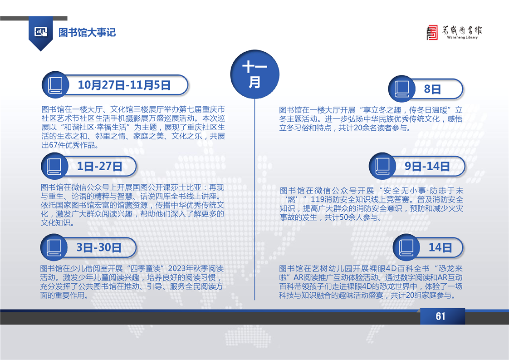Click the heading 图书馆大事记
(87, 33)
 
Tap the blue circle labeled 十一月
(255, 74)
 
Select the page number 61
(440, 316)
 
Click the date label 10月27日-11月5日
(124, 85)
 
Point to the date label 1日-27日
(99, 166)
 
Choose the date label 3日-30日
(99, 247)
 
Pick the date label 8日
(432, 89)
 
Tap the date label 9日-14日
(427, 166)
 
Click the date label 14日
(440, 247)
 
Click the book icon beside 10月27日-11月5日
(55, 85)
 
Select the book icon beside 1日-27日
(54, 166)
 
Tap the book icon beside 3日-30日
(54, 247)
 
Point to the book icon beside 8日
(402, 89)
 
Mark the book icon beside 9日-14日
(382, 166)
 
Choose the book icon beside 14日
(406, 247)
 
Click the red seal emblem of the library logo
(432, 33)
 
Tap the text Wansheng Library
(462, 37)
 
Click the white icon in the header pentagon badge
(40, 32)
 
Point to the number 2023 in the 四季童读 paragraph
(176, 269)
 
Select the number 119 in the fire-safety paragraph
(317, 199)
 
